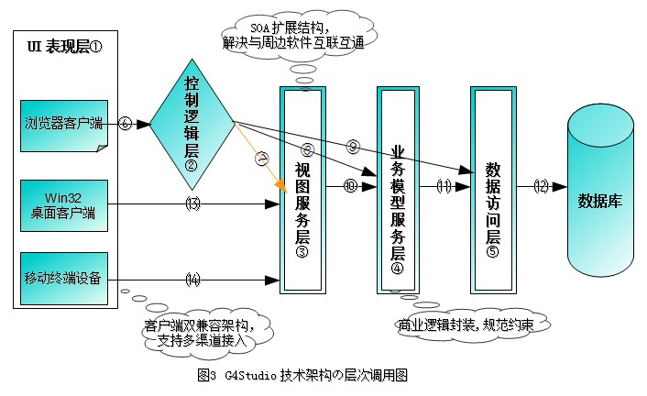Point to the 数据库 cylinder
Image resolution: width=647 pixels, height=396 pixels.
600,201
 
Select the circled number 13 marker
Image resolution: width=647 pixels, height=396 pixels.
192,204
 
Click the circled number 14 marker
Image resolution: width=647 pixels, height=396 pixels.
192,279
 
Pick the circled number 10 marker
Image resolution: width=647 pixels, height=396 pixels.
349,186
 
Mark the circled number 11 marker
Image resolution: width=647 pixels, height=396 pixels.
444,186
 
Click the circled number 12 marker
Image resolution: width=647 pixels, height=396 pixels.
541,186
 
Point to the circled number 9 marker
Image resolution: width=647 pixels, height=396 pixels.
353,145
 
